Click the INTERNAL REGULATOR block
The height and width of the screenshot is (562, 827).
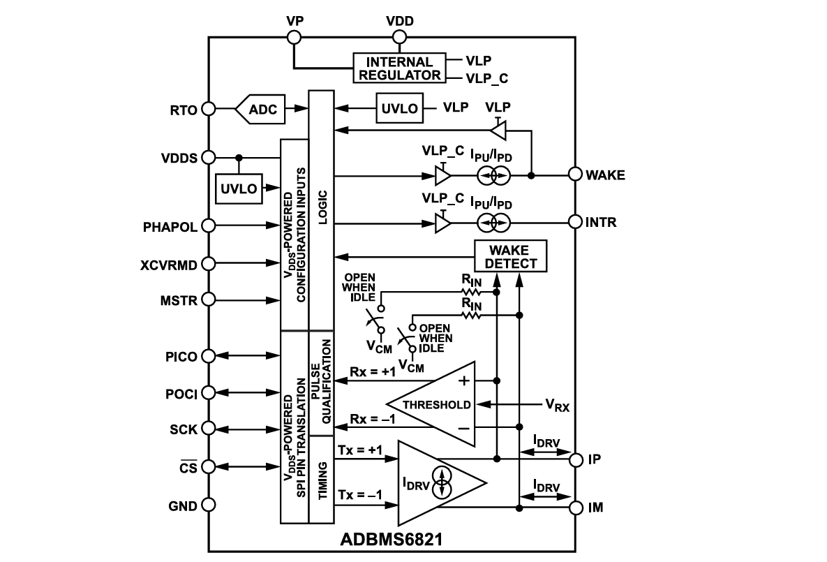(x=398, y=68)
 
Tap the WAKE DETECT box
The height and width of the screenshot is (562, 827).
(x=511, y=256)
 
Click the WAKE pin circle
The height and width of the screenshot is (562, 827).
(x=575, y=175)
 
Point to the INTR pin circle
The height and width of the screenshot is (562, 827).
(x=575, y=222)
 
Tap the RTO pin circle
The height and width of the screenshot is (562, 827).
(x=207, y=109)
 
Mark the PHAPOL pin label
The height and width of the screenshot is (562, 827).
(x=170, y=226)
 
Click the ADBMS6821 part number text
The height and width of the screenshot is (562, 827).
(x=392, y=540)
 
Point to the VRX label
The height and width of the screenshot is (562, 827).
(x=556, y=405)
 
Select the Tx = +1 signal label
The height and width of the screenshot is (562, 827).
(x=360, y=450)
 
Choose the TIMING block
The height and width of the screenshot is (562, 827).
(x=322, y=479)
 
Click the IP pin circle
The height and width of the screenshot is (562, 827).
(x=575, y=460)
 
